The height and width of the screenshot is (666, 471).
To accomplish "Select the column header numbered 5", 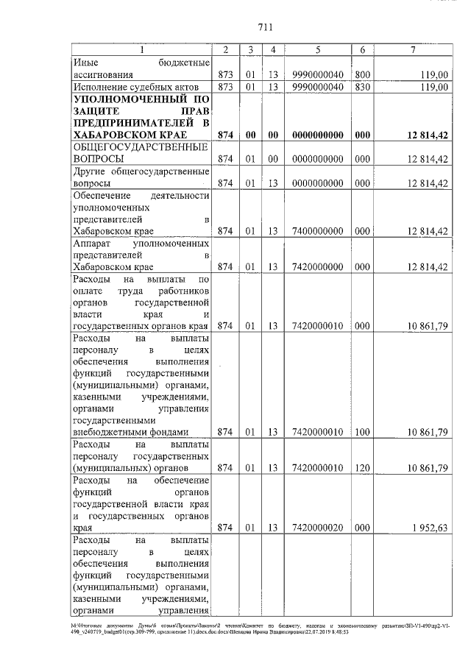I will (x=317, y=49).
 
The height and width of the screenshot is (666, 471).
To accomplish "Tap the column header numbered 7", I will (x=414, y=49).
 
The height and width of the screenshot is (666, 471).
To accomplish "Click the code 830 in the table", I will (x=361, y=87).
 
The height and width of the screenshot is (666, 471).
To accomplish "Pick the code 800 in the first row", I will (x=361, y=74).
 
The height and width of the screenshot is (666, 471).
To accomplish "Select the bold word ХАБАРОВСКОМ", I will (x=110, y=135).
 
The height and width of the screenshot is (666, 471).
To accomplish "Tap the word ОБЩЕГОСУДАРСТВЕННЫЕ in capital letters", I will (x=138, y=146).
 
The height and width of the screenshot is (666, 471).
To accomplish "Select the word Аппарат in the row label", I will (x=93, y=242).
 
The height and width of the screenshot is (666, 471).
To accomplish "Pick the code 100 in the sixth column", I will (x=361, y=431).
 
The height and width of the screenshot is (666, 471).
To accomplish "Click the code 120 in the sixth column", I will (x=361, y=467).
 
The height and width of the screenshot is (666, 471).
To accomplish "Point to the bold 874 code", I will (x=226, y=135).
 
